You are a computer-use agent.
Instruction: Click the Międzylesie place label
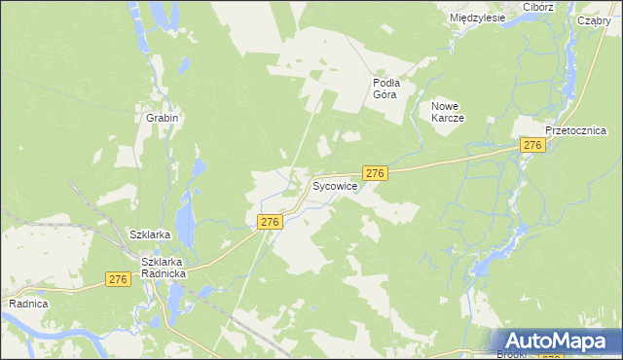coord(477,18)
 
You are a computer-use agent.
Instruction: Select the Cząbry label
coord(592,20)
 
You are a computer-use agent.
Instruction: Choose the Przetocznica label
coord(576,130)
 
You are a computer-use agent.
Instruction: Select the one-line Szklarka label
coord(150,234)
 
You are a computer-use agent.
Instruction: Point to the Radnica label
coord(28,304)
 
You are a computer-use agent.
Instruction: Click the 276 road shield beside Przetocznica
coord(531,145)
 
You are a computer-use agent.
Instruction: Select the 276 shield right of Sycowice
coord(377,172)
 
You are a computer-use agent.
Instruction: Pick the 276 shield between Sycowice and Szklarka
coord(271,222)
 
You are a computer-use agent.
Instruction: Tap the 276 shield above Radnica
coord(118,279)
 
